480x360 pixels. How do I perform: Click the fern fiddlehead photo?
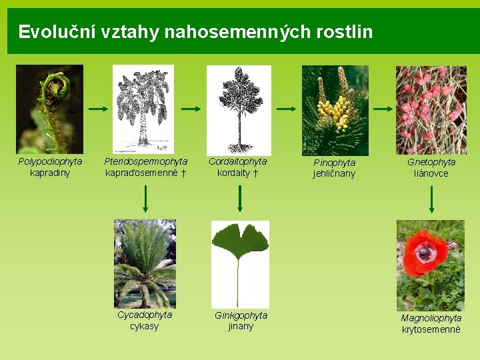pos(49,109)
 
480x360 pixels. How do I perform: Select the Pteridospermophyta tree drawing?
pos(143,109)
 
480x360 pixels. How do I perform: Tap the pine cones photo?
pos(335,110)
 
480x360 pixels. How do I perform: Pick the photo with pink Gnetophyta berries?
pos(431,110)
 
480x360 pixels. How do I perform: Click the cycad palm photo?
pos(145,263)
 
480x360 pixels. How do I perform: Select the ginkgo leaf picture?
pos(240,263)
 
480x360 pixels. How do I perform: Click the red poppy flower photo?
pos(430,265)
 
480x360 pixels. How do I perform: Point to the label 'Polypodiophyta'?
pos(50,161)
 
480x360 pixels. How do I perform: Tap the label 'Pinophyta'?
pos(335,162)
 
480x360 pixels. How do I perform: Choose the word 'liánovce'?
pos(431,173)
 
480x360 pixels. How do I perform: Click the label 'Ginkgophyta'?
pos(241,315)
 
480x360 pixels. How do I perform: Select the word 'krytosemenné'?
pos(431,329)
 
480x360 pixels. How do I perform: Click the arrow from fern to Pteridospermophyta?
pos(98,109)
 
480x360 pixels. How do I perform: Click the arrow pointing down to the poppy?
pos(431,199)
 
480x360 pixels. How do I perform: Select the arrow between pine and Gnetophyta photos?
pos(383,109)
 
